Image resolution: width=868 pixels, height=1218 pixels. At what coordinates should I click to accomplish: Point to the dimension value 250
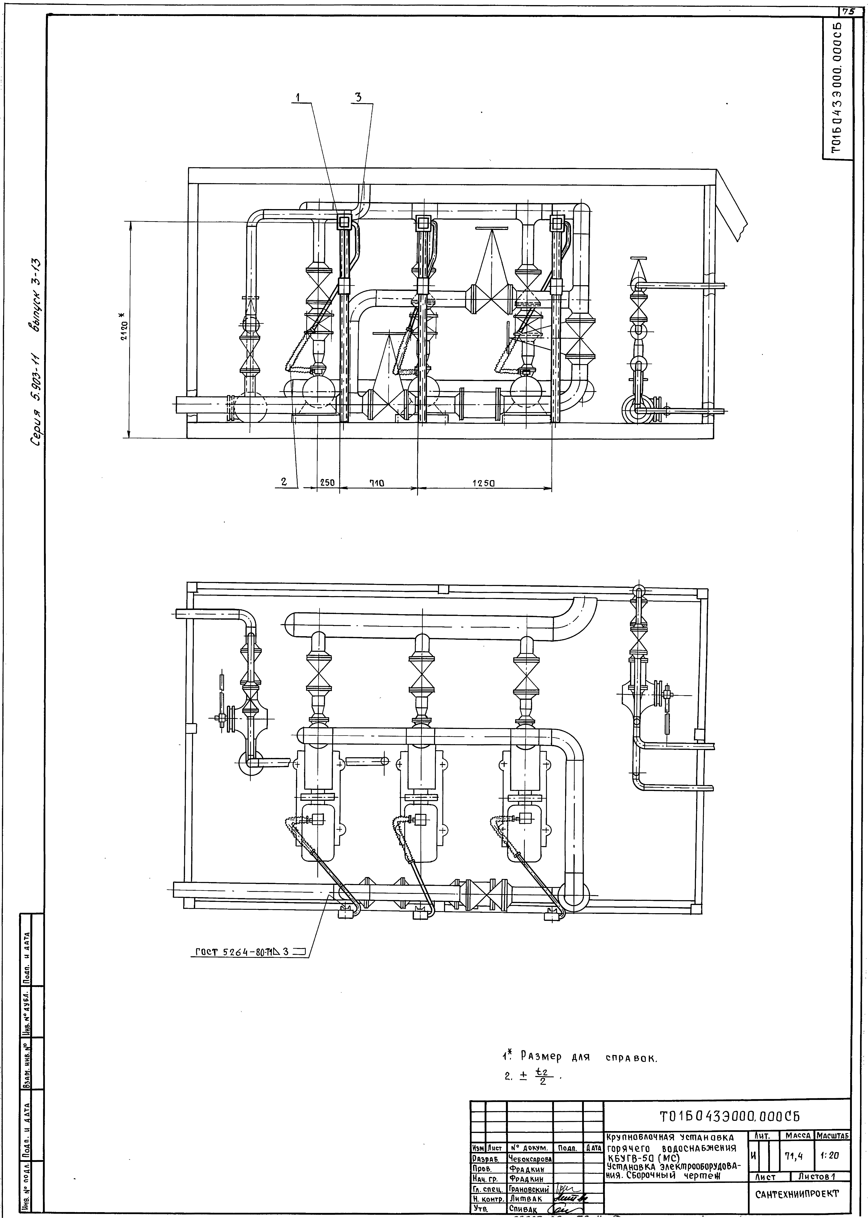pos(327,482)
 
